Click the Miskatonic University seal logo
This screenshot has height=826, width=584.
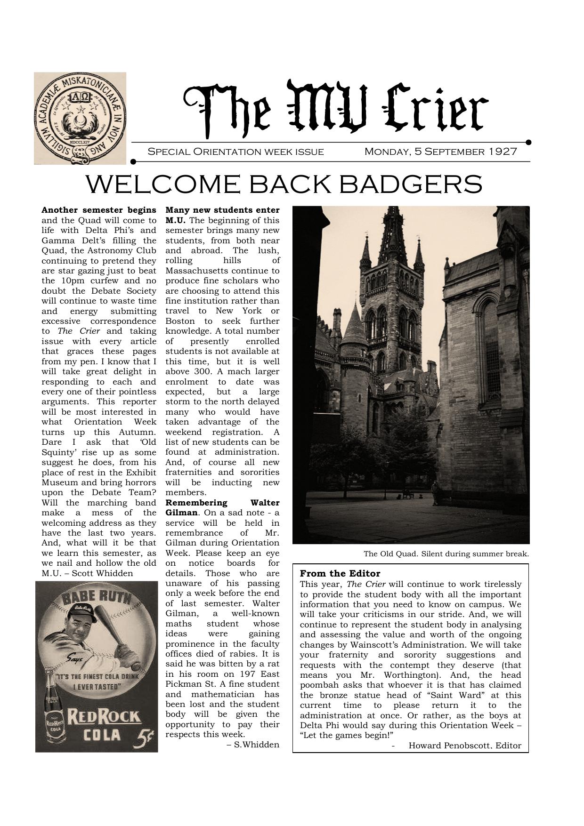pyautogui.click(x=80, y=118)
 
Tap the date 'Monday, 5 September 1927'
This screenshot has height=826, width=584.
pyautogui.click(x=440, y=152)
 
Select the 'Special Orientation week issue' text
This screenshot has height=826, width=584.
pyautogui.click(x=235, y=152)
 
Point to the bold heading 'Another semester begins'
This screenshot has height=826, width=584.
pyautogui.click(x=99, y=210)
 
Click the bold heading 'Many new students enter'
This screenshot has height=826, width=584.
pyautogui.click(x=222, y=210)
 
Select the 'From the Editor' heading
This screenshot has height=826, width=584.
pyautogui.click(x=340, y=573)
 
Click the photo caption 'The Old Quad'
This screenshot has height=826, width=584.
pyautogui.click(x=446, y=554)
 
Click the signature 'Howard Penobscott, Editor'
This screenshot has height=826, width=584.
pyautogui.click(x=464, y=746)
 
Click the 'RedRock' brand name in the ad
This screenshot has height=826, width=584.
pyautogui.click(x=104, y=717)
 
